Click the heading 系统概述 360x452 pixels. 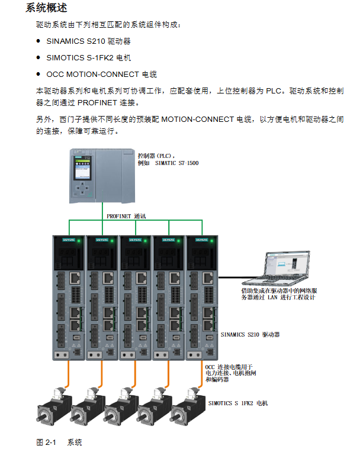(47, 8)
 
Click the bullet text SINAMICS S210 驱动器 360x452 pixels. (88, 41)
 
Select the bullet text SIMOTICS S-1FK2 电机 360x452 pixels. (88, 58)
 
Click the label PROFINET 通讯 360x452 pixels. (126, 217)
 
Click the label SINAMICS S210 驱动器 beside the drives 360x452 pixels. (250, 334)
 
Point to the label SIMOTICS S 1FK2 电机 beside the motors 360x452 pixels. (238, 403)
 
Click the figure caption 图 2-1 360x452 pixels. (46, 442)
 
